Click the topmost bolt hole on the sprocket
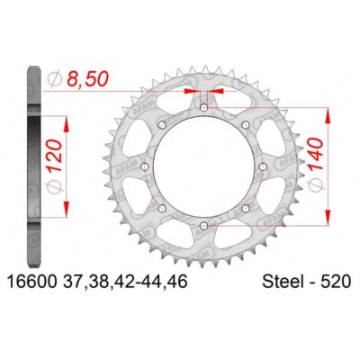[x=203, y=107]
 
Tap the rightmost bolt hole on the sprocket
[x=262, y=166]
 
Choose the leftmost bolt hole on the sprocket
[x=147, y=166]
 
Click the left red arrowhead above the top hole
[x=193, y=91]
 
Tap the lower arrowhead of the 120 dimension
[x=65, y=213]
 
